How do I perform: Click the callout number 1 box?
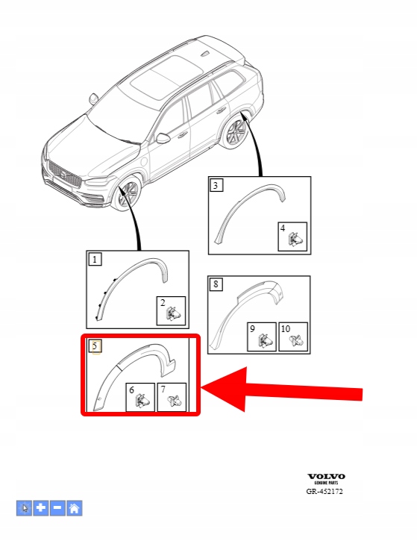click(x=95, y=259)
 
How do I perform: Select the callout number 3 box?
click(x=216, y=185)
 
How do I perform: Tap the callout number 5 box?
click(x=95, y=346)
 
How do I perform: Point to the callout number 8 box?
click(x=216, y=284)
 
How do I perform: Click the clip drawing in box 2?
click(x=173, y=313)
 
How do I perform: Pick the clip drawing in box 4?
click(x=295, y=239)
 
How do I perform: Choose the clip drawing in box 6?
click(x=142, y=401)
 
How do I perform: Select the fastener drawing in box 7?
click(x=174, y=401)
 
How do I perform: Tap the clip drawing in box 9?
click(x=265, y=340)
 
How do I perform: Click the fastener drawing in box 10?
click(x=296, y=340)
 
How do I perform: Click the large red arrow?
click(x=281, y=390)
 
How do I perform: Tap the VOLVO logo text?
click(x=326, y=477)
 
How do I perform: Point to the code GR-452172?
click(x=324, y=491)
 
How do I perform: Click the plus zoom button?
click(x=41, y=508)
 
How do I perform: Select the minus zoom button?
click(x=57, y=508)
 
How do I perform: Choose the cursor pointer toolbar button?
click(x=24, y=508)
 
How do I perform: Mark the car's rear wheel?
click(x=235, y=132)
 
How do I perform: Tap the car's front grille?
click(x=65, y=175)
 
